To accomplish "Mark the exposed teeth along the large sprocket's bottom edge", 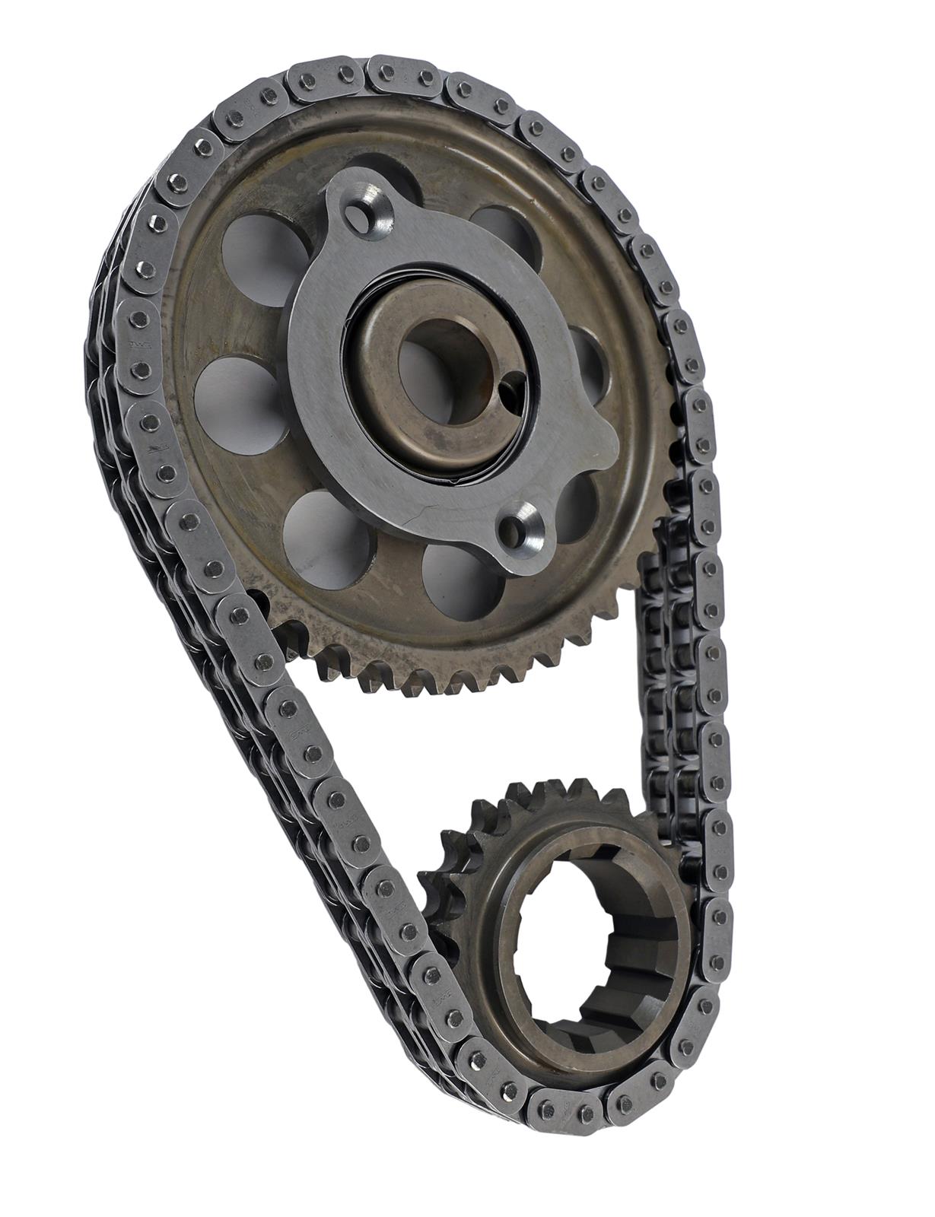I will click(426, 669).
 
